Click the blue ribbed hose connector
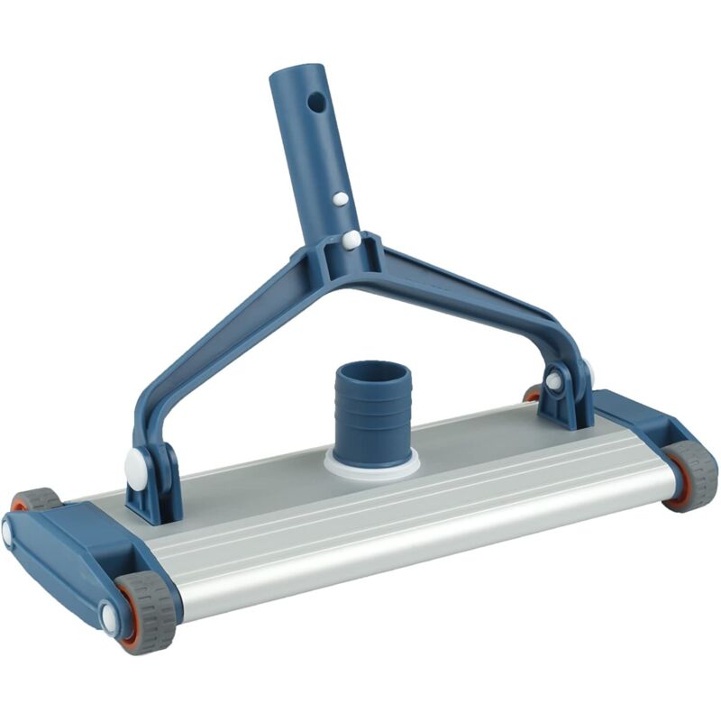click(x=372, y=406)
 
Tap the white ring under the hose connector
click(x=372, y=465)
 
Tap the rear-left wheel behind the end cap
click(x=36, y=499)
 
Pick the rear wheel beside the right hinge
click(x=534, y=393)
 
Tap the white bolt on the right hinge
click(x=553, y=381)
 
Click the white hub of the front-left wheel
click(x=110, y=618)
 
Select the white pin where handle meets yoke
click(x=351, y=240)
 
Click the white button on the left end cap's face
click(x=7, y=532)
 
